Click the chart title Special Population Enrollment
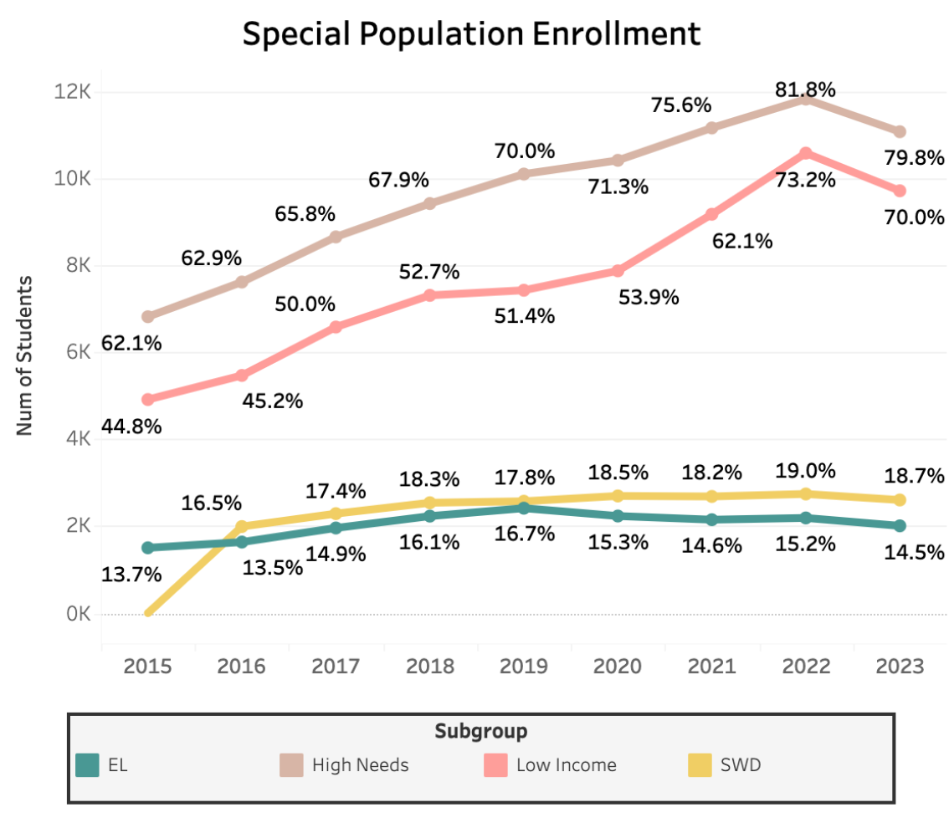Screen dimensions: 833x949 pyautogui.click(x=471, y=34)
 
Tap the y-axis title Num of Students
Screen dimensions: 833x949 pyautogui.click(x=24, y=355)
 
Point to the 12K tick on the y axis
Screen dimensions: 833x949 pyautogui.click(x=73, y=92)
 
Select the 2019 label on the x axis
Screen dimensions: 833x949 pyautogui.click(x=524, y=666)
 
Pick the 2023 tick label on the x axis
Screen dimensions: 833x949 pyautogui.click(x=900, y=666)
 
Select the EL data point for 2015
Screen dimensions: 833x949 pyautogui.click(x=148, y=548)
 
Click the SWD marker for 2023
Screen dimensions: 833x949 pyautogui.click(x=900, y=500)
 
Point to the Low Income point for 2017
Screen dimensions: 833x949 pyautogui.click(x=336, y=327)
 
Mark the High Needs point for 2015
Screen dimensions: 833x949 pyautogui.click(x=148, y=317)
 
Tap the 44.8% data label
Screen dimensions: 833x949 pyautogui.click(x=131, y=426)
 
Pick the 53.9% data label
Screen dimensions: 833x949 pyautogui.click(x=649, y=296)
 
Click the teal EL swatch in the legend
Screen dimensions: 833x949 pyautogui.click(x=88, y=764)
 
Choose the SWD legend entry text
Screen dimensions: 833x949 pyautogui.click(x=741, y=764)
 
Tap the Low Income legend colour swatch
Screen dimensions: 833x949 pyautogui.click(x=496, y=764)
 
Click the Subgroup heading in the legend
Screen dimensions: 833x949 pyautogui.click(x=481, y=732)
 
